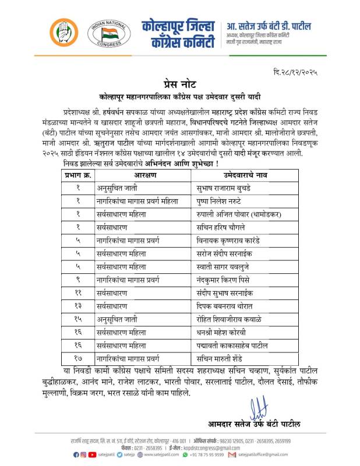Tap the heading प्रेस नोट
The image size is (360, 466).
[180, 82]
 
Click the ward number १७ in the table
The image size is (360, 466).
[77, 358]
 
